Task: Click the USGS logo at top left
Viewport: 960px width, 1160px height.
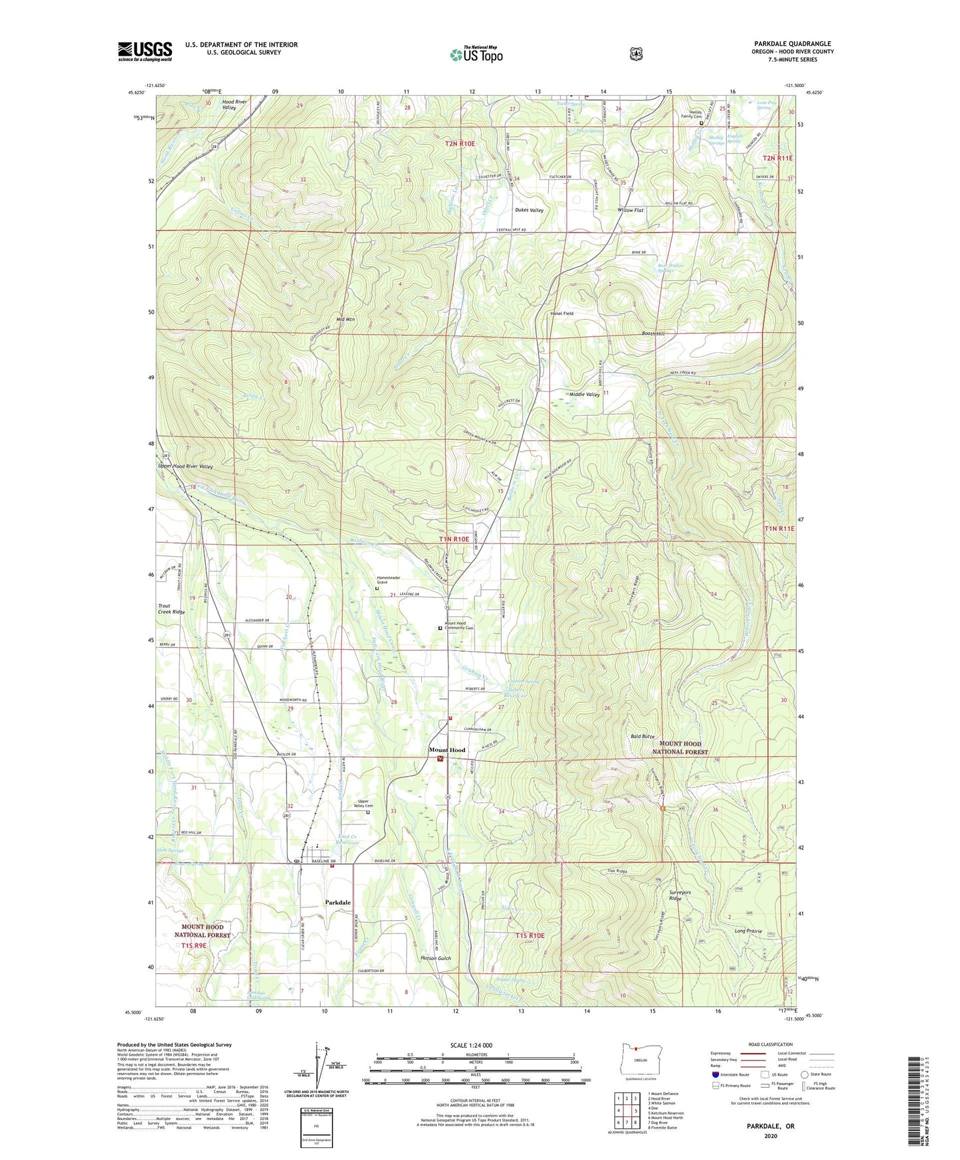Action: [x=145, y=51]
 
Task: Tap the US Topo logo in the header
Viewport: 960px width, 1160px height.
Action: [x=475, y=54]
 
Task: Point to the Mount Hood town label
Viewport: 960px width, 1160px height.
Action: [x=446, y=750]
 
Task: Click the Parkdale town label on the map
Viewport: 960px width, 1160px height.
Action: [x=338, y=902]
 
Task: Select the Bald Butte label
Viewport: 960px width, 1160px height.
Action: [x=642, y=737]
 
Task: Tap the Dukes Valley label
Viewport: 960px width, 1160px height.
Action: [x=529, y=210]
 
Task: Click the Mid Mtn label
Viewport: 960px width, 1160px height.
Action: [x=345, y=320]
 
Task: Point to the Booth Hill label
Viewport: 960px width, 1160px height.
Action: [x=653, y=334]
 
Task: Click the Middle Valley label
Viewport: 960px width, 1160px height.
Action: [x=584, y=395]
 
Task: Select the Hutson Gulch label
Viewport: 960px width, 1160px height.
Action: [x=436, y=958]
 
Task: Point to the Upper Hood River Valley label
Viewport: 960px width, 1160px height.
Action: [x=185, y=466]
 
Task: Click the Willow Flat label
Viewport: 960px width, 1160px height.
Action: [x=630, y=210]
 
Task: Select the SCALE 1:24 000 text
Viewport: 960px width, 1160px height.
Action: [x=471, y=1046]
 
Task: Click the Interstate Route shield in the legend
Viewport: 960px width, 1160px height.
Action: [x=715, y=1074]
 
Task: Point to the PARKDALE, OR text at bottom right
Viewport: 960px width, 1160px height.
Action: [x=771, y=1126]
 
